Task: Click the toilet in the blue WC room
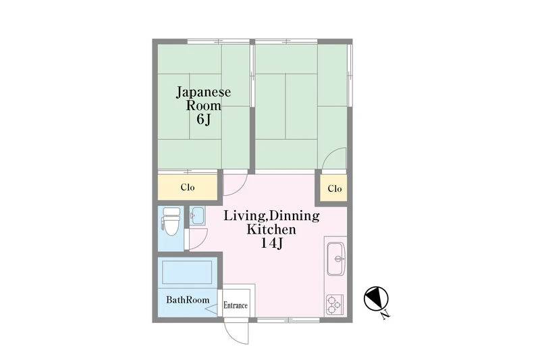[171, 222]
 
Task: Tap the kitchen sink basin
[335, 259]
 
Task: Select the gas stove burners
[334, 305]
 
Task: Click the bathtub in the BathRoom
[187, 272]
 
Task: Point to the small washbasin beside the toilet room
[197, 216]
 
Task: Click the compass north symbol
[376, 298]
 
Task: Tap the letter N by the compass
[385, 314]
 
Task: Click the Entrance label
[236, 305]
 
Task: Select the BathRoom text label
[188, 300]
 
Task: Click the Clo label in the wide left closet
[188, 187]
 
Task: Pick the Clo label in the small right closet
[335, 189]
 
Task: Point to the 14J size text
[272, 244]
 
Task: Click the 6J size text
[204, 119]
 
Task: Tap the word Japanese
[204, 93]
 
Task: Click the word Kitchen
[271, 230]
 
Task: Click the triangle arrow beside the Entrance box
[212, 309]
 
